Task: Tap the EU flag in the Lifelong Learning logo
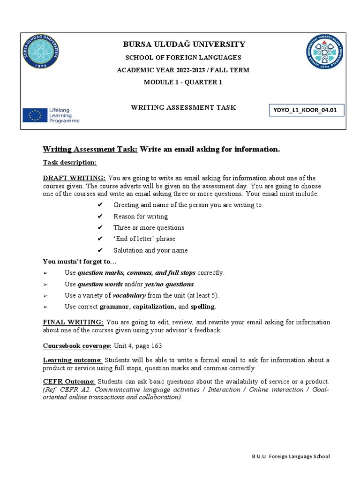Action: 35,115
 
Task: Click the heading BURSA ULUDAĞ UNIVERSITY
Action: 184,45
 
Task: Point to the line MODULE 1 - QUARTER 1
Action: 183,82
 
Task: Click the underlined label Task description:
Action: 69,162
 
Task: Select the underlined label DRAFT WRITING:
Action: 75,178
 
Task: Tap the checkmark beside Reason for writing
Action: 99,217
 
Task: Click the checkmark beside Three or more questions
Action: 99,228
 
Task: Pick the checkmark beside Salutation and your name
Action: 99,250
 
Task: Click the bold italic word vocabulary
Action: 129,295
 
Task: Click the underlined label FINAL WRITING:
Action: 74,322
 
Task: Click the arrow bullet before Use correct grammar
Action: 45,307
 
